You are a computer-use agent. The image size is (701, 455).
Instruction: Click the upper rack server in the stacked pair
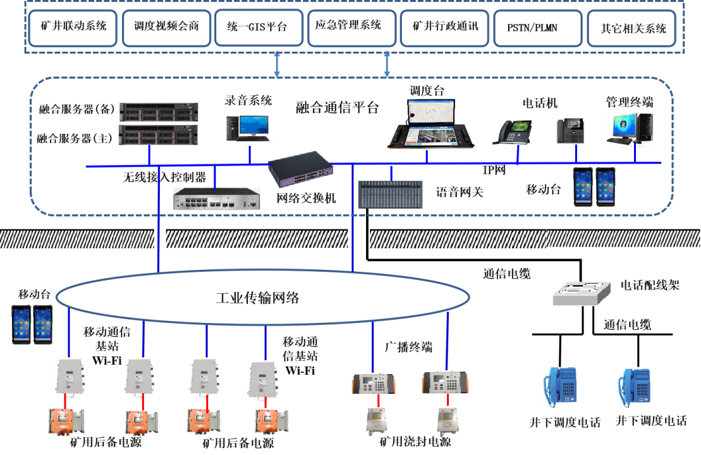point(159,112)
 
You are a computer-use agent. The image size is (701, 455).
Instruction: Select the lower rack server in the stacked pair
point(159,134)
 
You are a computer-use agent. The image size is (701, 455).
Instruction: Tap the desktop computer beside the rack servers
point(246,130)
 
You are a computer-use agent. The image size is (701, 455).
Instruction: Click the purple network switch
point(300,168)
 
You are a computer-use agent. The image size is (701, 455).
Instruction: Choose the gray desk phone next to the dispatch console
point(511,132)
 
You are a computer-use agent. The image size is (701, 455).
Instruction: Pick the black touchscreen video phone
point(570,131)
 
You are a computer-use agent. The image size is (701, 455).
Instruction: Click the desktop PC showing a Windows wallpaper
point(631,130)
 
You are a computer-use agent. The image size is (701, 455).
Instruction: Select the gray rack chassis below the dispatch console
point(391,195)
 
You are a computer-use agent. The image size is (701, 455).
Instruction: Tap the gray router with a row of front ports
point(217,198)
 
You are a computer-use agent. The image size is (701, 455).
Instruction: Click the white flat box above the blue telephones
point(582,294)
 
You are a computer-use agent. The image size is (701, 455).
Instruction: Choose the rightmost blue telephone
point(634,387)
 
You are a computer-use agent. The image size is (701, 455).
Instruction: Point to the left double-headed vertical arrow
point(277,64)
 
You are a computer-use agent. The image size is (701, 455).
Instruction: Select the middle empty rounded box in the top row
point(352,28)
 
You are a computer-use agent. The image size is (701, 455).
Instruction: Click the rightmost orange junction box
point(271,422)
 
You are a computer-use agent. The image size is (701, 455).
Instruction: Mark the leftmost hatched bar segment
point(77,239)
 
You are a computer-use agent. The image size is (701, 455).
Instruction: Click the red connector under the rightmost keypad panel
point(448,400)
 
